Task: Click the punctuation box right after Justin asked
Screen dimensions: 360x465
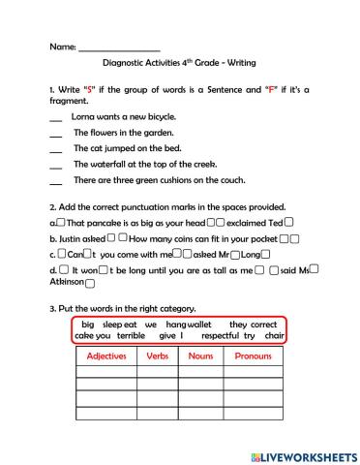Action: (x=111, y=236)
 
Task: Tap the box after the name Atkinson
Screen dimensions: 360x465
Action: (x=89, y=284)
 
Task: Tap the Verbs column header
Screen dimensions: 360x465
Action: (x=156, y=356)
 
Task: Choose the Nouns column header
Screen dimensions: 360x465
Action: (x=199, y=356)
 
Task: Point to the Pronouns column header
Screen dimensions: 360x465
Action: (x=254, y=356)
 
